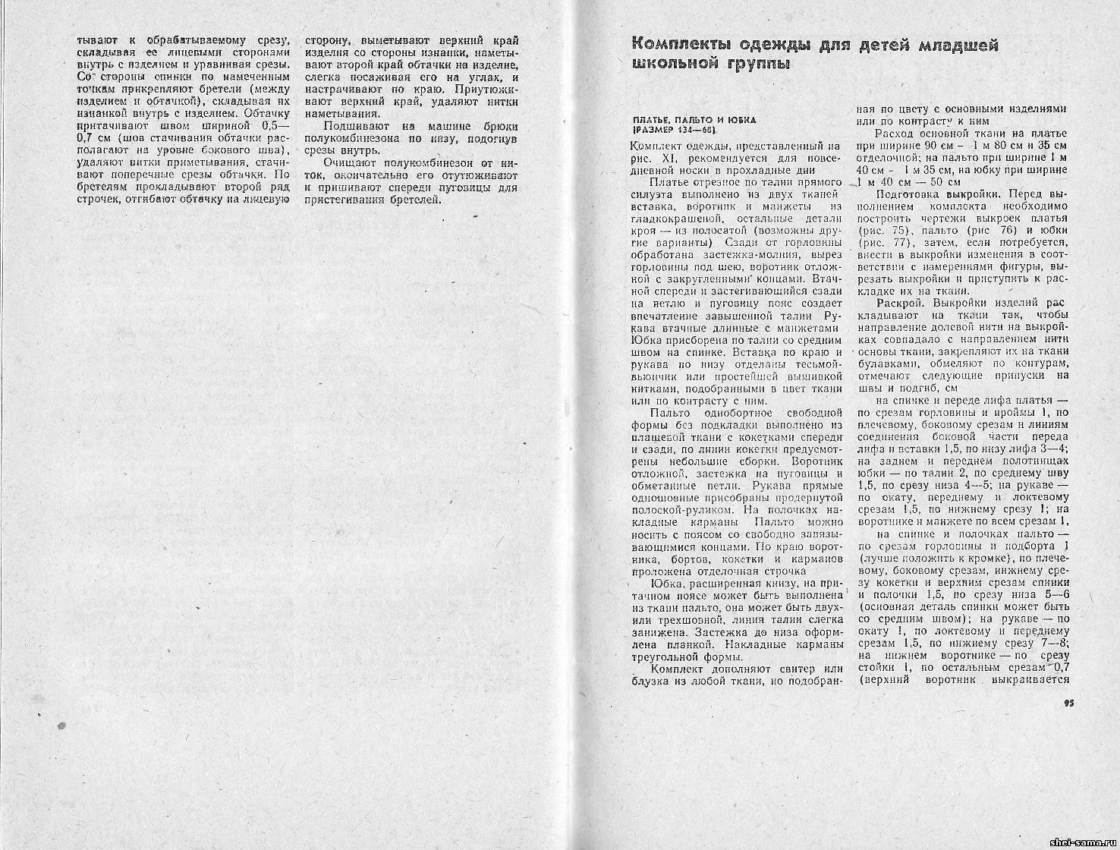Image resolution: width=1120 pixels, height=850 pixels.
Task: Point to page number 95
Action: point(1069,703)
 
